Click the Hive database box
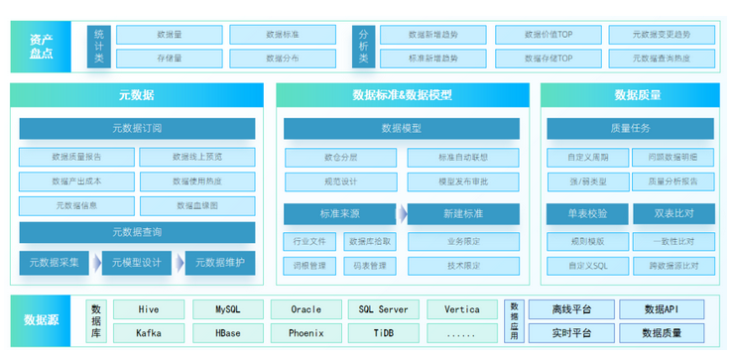click(149, 309)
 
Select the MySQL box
click(227, 309)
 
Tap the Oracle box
click(306, 309)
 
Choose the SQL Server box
click(384, 309)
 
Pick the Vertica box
click(462, 309)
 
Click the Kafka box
click(149, 333)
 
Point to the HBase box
click(227, 333)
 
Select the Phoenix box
click(306, 333)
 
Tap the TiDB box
click(384, 333)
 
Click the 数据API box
click(662, 309)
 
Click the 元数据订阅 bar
click(137, 128)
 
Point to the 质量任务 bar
click(631, 128)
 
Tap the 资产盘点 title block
click(41, 46)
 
